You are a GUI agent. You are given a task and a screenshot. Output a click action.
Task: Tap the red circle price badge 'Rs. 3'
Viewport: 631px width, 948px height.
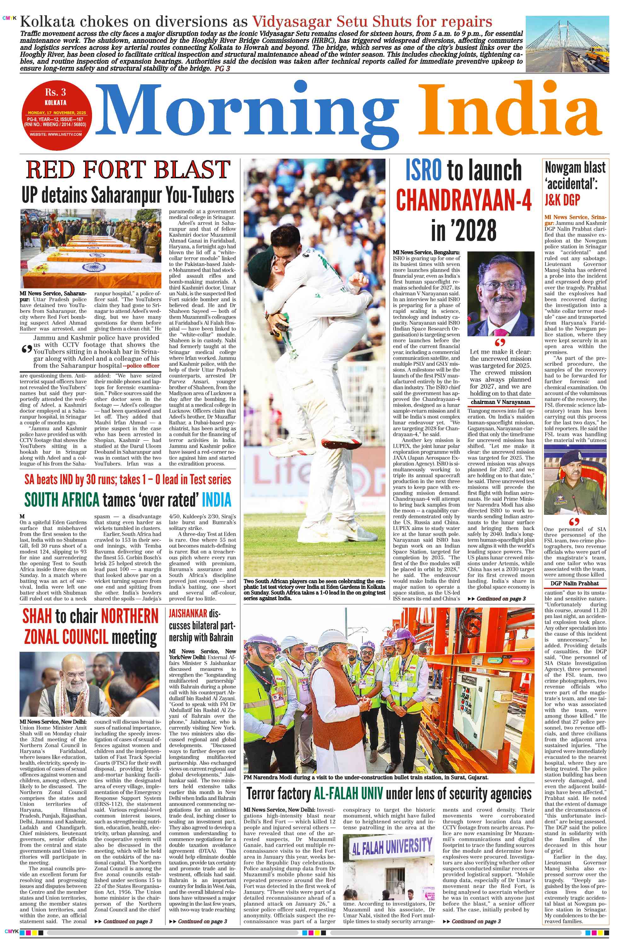click(x=55, y=93)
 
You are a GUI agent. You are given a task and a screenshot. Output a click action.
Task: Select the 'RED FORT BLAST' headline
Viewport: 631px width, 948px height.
click(x=128, y=169)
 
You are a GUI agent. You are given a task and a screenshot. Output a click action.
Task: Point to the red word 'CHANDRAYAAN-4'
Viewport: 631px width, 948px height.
click(x=464, y=200)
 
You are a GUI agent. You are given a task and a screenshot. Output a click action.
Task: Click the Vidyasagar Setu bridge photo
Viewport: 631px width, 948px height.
click(x=567, y=44)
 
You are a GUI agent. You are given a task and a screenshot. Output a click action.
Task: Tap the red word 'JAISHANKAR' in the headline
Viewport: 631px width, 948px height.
click(x=188, y=614)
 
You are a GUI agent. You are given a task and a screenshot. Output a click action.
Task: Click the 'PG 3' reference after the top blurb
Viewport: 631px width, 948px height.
click(x=222, y=69)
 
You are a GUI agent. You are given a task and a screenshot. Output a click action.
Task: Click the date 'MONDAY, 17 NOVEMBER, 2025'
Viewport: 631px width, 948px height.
click(x=57, y=113)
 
